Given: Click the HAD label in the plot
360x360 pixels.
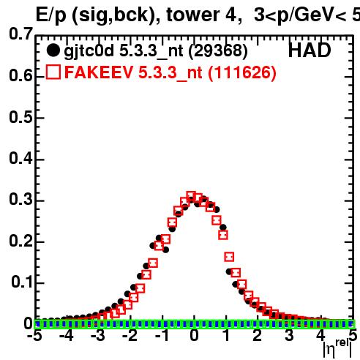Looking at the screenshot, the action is pyautogui.click(x=310, y=50).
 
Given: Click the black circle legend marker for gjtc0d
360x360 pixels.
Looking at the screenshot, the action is pyautogui.click(x=53, y=50).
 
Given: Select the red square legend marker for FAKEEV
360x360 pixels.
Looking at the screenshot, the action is pyautogui.click(x=53, y=72).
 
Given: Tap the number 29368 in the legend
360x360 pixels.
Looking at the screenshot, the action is pyautogui.click(x=218, y=50).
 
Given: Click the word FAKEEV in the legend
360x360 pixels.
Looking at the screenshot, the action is pyautogui.click(x=99, y=72).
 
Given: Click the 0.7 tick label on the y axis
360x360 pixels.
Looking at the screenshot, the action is pyautogui.click(x=20, y=34).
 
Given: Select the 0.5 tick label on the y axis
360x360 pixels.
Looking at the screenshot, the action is pyautogui.click(x=20, y=117).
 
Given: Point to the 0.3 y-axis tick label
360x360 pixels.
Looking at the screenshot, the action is pyautogui.click(x=20, y=199).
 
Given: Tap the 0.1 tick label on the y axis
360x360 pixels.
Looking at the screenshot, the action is pyautogui.click(x=21, y=282).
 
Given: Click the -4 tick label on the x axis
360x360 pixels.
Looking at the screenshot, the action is pyautogui.click(x=66, y=335).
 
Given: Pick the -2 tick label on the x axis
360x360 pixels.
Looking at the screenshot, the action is pyautogui.click(x=130, y=335).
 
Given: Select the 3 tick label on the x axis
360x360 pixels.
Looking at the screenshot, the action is pyautogui.click(x=289, y=335).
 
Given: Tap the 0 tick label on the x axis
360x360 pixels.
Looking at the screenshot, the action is pyautogui.click(x=194, y=335).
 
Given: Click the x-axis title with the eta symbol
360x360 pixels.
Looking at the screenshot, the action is pyautogui.click(x=338, y=349).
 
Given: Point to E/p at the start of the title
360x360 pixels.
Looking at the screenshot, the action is pyautogui.click(x=50, y=15).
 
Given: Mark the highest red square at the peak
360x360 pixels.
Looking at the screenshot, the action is pyautogui.click(x=192, y=196).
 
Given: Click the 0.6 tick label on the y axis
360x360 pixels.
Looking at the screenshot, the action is pyautogui.click(x=20, y=75).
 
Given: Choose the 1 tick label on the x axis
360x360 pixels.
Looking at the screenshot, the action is pyautogui.click(x=227, y=335).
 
